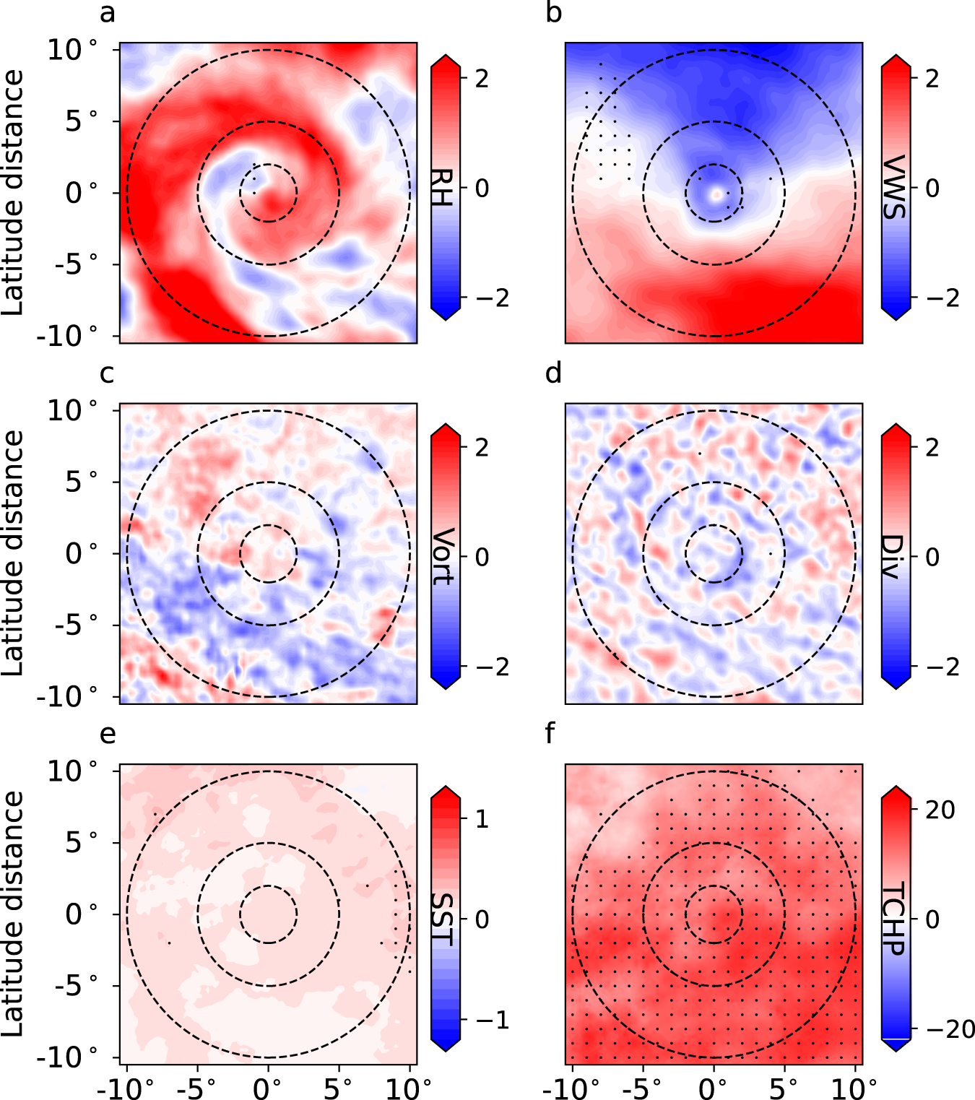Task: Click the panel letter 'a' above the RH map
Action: point(108,14)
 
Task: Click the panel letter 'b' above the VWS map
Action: point(554,14)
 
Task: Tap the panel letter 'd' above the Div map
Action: point(554,373)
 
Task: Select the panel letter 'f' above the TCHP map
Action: point(550,733)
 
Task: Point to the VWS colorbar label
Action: point(894,188)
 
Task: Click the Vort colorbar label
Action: point(443,557)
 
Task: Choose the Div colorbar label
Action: point(893,557)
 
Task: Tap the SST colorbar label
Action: point(441,919)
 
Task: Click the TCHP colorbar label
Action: point(894,919)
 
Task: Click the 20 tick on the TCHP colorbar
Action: point(940,810)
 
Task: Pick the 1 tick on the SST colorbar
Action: point(482,819)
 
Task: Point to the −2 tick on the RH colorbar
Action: point(491,298)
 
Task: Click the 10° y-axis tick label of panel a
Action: point(72,50)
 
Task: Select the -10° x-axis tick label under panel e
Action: point(126,1088)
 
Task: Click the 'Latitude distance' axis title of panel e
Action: point(13,914)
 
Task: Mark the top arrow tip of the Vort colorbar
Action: point(446,425)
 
